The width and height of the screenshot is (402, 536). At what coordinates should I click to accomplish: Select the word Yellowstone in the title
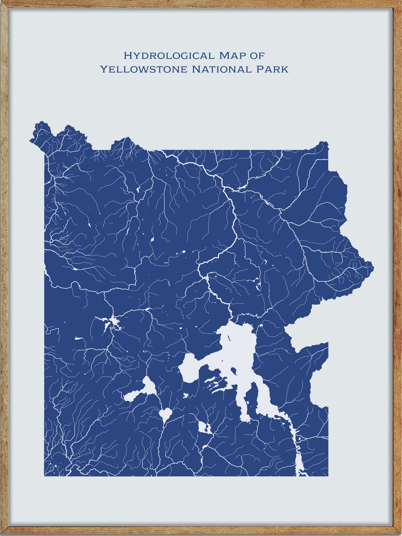[144, 69]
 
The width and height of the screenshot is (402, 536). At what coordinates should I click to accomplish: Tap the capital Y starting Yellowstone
[104, 69]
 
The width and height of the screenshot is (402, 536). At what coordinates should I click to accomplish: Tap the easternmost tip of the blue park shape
[373, 266]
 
